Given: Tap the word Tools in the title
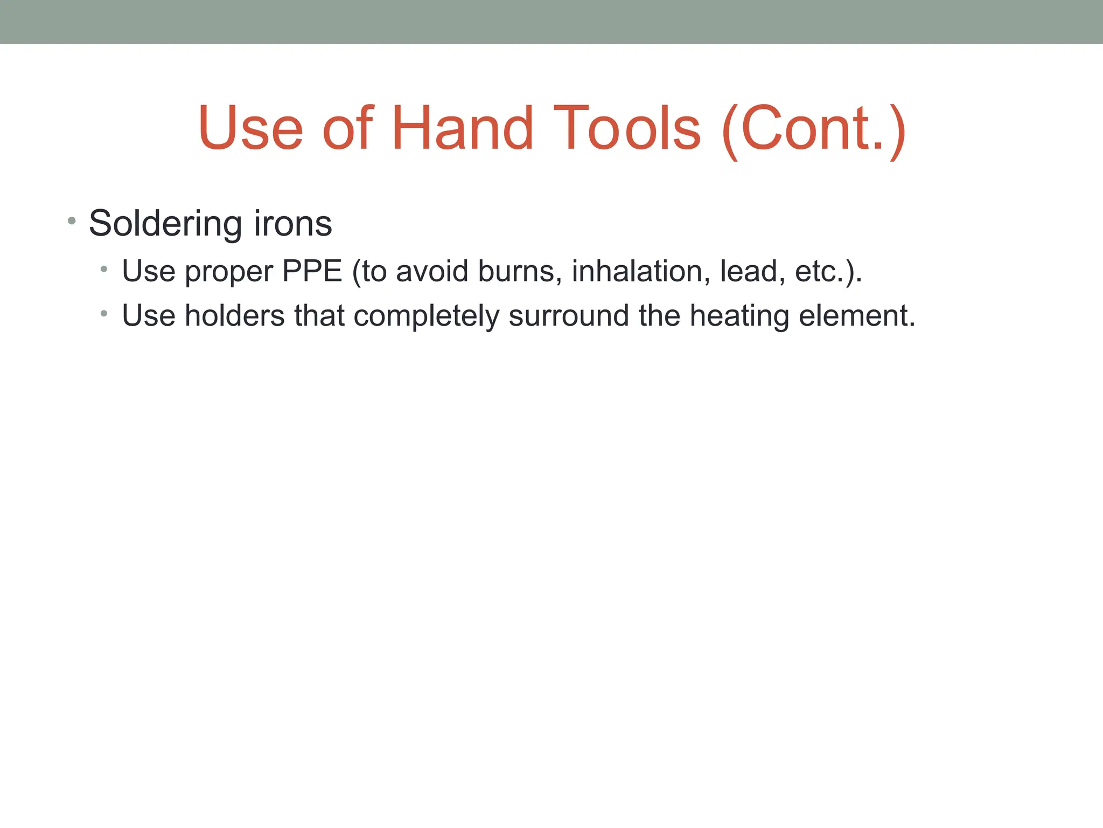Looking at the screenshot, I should (x=627, y=128).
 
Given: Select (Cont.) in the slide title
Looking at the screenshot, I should (x=814, y=129).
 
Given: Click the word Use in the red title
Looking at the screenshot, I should (x=251, y=128).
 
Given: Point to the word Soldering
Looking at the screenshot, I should (x=165, y=224).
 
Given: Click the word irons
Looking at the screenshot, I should (x=293, y=223).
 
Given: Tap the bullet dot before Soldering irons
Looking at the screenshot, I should (x=72, y=220).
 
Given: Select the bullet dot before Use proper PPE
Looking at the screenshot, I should (x=104, y=268).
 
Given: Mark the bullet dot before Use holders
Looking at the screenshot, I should (x=104, y=313).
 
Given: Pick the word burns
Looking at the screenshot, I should (x=519, y=271).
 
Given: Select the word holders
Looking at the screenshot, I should (x=234, y=315).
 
